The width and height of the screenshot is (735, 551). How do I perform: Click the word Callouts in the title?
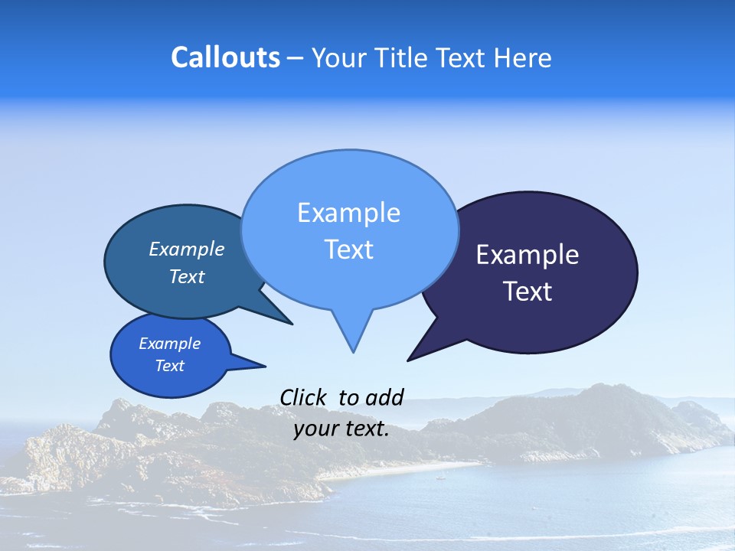pos(225,57)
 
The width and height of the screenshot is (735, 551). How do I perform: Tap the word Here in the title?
pos(522,57)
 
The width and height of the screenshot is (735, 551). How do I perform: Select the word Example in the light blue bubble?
pos(348,213)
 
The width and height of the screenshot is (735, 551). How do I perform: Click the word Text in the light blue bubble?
pos(348,249)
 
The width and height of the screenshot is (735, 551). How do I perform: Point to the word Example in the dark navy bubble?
pos(528,255)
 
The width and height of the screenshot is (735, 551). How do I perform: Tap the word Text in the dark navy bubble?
pos(528,292)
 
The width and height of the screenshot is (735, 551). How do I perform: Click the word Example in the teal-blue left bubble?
pos(187,249)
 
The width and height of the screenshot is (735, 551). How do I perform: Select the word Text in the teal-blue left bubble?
pos(187,276)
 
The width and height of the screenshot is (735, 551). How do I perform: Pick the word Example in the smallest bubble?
pos(169,344)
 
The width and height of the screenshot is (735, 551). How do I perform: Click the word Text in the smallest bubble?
pos(169,366)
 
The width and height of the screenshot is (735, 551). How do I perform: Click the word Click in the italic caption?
pos(305,397)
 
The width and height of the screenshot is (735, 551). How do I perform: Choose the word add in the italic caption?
pos(384,397)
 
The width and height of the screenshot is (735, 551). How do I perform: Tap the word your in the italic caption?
pos(315,429)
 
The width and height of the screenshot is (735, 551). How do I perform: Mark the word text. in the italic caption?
pos(366,429)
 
